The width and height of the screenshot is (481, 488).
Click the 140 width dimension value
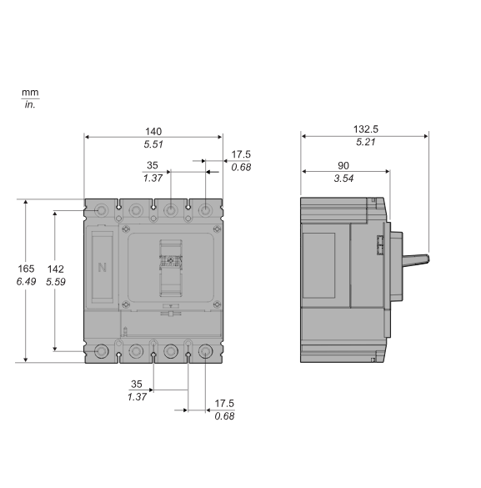pyautogui.click(x=153, y=131)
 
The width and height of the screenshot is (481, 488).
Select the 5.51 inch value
pyautogui.click(x=153, y=144)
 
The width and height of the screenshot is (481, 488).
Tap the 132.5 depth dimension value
pyautogui.click(x=365, y=129)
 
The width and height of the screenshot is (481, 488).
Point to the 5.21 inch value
pyautogui.click(x=365, y=143)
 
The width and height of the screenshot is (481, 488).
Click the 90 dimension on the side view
pyautogui.click(x=343, y=165)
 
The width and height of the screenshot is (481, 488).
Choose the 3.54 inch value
pyautogui.click(x=343, y=179)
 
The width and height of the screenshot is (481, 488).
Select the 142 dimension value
pyautogui.click(x=57, y=269)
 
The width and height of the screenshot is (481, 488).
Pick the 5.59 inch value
pyautogui.click(x=57, y=283)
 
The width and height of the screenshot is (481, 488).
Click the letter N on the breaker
pyautogui.click(x=103, y=268)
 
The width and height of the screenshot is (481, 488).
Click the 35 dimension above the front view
pyautogui.click(x=153, y=165)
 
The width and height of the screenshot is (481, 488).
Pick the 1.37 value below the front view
pyautogui.click(x=137, y=396)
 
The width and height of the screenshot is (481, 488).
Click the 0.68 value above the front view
pyautogui.click(x=241, y=168)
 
